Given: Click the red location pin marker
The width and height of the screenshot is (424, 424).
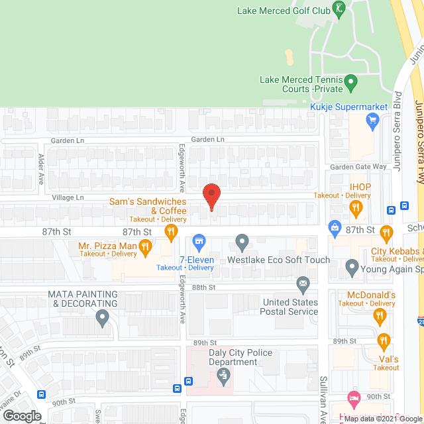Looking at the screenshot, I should [211, 196].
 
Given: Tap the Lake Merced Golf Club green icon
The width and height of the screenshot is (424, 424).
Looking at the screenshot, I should [339, 9].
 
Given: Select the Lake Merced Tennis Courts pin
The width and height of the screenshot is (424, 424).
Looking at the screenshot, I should [352, 83].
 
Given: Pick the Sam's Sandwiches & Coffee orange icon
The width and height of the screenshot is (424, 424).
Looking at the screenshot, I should [171, 231].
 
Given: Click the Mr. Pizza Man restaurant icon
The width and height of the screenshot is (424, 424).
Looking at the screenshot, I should [146, 246].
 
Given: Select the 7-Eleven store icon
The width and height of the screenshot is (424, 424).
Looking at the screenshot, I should [197, 242].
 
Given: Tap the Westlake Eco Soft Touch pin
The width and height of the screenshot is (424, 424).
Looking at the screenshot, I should [242, 242].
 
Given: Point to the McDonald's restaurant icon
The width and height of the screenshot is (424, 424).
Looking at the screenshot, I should [380, 316].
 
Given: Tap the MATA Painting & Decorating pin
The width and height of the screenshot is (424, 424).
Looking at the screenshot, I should [102, 318].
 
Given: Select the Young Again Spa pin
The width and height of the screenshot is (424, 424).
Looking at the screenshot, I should [352, 269].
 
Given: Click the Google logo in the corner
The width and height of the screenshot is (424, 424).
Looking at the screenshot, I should [21, 415].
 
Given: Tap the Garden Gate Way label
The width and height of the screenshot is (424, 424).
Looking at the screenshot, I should [358, 167].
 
